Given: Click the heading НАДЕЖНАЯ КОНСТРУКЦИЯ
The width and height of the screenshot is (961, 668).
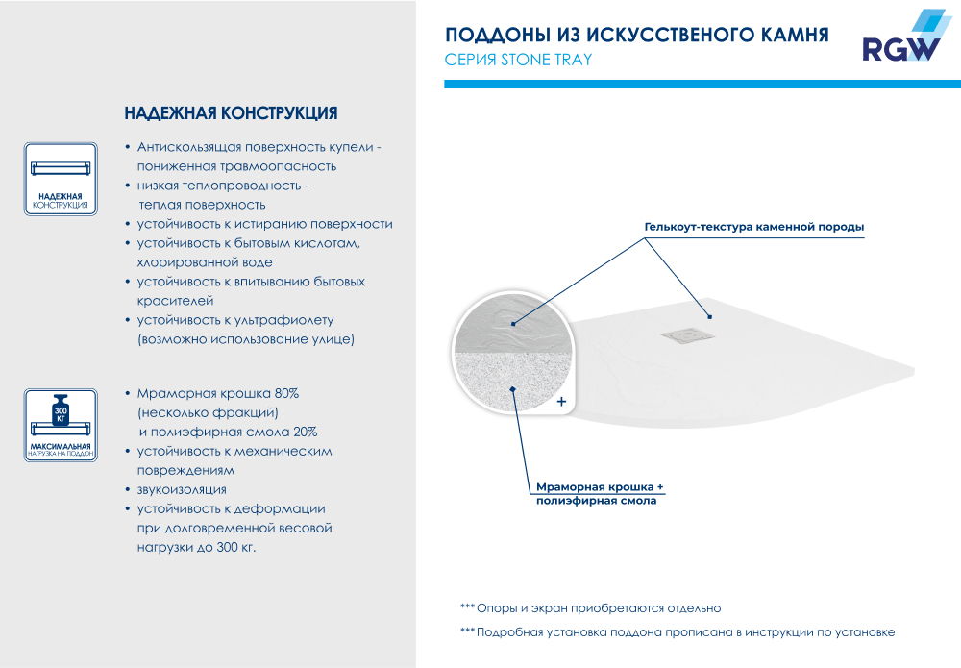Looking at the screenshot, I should pyautogui.click(x=231, y=113).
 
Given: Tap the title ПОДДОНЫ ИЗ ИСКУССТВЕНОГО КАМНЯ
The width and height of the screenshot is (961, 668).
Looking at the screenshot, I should pyautogui.click(x=636, y=36).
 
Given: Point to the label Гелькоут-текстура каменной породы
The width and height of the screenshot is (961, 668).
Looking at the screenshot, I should pyautogui.click(x=753, y=228).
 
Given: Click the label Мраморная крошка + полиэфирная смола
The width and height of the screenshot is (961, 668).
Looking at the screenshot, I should pyautogui.click(x=600, y=494).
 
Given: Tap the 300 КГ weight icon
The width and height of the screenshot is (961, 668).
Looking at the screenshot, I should pyautogui.click(x=60, y=412).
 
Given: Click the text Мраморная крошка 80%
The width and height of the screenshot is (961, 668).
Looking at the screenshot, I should pyautogui.click(x=218, y=394).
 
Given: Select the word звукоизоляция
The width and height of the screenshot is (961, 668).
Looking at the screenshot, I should pyautogui.click(x=182, y=490).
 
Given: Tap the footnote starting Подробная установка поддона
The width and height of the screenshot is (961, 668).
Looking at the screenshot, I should pyautogui.click(x=685, y=632).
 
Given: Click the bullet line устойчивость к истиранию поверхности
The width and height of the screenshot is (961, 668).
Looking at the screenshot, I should pyautogui.click(x=264, y=224).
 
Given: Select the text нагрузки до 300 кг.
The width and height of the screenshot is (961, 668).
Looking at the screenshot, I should pyautogui.click(x=197, y=547).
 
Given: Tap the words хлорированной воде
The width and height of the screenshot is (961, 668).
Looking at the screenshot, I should pyautogui.click(x=205, y=262).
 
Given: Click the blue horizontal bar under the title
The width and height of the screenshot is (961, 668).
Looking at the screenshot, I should pyautogui.click(x=702, y=85).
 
